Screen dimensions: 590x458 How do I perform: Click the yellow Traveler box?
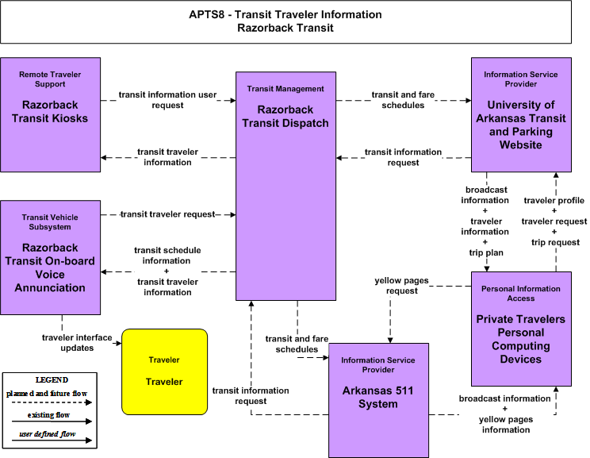tap(164, 371)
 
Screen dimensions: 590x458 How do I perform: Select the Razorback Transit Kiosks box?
tap(51, 115)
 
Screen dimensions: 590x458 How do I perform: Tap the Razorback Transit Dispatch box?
tap(286, 186)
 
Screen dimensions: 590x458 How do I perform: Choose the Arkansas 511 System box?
tap(378, 400)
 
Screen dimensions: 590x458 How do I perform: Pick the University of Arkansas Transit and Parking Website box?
tap(521, 115)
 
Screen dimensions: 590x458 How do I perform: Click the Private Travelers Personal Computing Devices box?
tap(521, 329)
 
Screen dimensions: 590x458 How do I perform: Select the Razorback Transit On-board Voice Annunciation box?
tap(51, 258)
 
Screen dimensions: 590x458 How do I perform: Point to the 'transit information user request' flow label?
tap(167, 100)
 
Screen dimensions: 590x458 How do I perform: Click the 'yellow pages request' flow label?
tap(401, 286)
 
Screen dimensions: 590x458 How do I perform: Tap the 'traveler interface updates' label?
tap(77, 343)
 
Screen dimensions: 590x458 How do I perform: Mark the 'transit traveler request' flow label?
tap(167, 214)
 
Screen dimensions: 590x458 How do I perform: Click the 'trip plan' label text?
tap(486, 252)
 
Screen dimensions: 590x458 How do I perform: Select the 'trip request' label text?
tap(555, 242)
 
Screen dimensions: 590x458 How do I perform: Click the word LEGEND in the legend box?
tap(52, 379)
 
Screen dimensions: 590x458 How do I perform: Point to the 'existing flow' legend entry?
tap(48, 415)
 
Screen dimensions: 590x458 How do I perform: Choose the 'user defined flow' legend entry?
tap(48, 434)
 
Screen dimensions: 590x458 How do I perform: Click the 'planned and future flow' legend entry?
tap(47, 394)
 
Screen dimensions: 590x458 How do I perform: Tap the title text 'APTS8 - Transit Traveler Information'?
tap(285, 15)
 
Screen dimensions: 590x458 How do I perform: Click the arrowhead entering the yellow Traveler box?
tap(119, 343)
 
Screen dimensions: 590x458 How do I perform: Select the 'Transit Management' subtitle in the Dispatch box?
tap(285, 89)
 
